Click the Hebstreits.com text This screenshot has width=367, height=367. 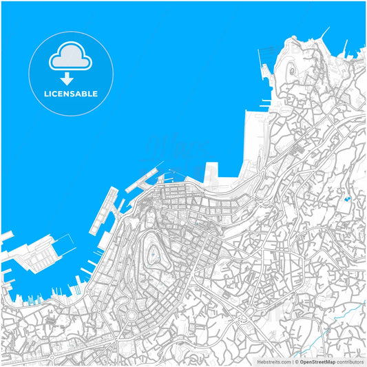(x=274, y=361)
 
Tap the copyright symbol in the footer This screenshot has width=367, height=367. (x=297, y=361)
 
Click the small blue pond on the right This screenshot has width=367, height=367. (x=347, y=200)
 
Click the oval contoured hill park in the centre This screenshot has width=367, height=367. (x=156, y=251)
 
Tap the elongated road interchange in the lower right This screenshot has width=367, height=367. (x=244, y=317)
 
